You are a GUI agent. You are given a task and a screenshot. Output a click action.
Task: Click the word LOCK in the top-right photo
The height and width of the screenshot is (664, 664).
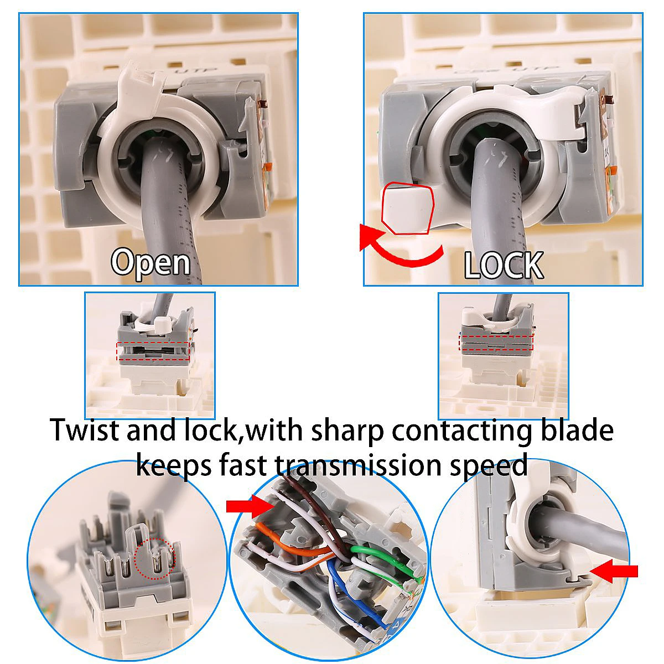503,264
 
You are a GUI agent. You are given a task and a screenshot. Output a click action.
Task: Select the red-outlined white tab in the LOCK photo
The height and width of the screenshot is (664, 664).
407,209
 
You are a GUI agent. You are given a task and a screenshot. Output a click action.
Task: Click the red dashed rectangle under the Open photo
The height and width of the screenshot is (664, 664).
153,351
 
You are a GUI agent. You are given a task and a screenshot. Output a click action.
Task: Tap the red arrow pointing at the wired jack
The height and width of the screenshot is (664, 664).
248,506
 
